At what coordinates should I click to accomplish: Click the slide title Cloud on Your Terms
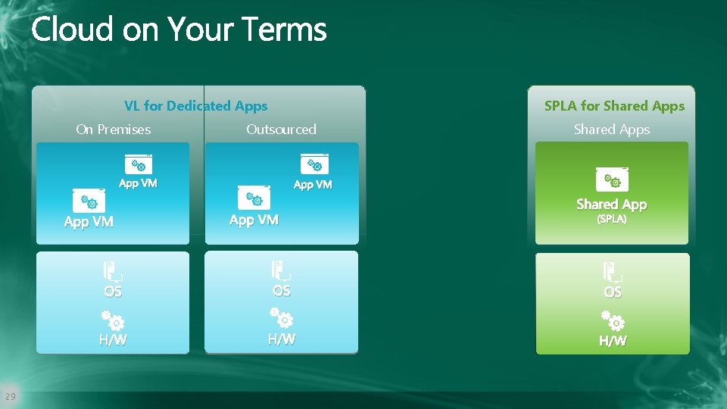pos(179,30)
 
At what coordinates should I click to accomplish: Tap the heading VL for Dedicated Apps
pos(195,106)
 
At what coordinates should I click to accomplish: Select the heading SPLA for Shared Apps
pos(614,106)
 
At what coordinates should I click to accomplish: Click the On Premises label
pos(114,130)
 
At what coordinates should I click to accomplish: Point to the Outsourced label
pos(281,130)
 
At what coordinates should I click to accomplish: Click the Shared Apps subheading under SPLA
pos(612,130)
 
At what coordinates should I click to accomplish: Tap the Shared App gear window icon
pos(612,179)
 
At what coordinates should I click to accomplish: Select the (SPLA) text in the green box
pos(612,219)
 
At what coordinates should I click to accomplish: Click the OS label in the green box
pos(613,292)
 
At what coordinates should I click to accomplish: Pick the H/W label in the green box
pos(613,341)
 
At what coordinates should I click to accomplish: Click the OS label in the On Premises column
pos(113,292)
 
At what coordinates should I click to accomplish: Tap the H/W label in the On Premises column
pos(113,340)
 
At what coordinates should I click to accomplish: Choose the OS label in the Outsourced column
pos(281,291)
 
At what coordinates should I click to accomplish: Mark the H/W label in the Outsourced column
pos(281,339)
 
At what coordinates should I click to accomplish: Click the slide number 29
pos(10,396)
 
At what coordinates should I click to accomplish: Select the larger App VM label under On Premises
pos(89,222)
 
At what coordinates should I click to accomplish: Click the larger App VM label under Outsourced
pos(254,220)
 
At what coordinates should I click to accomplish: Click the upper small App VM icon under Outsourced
pos(314,164)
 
